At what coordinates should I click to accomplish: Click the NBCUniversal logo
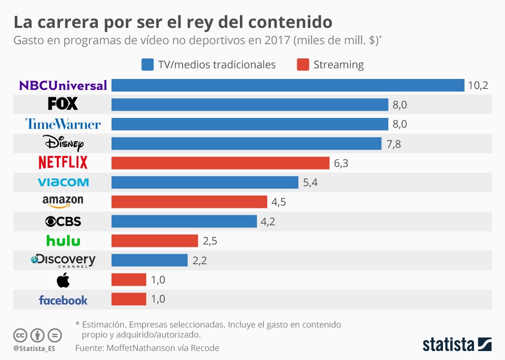[x=63, y=85]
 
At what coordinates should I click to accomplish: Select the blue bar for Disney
[x=246, y=144]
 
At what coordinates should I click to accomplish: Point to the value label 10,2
[x=478, y=85]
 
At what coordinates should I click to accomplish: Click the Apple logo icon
[x=63, y=281]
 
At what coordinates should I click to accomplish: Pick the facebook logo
[x=63, y=300]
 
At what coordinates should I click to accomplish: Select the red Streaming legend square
[x=302, y=65]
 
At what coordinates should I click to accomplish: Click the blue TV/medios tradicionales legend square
[x=147, y=65]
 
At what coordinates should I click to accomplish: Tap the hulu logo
[x=63, y=241]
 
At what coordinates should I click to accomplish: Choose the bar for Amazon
[x=189, y=202]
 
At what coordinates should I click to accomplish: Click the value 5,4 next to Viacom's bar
[x=310, y=183]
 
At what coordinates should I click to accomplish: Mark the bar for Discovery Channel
[x=149, y=261]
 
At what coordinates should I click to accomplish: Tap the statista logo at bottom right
[x=457, y=345]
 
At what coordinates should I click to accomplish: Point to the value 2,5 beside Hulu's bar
[x=210, y=241]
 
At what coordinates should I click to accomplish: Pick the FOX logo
[x=63, y=104]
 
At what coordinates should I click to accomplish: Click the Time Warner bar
[x=249, y=124]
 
